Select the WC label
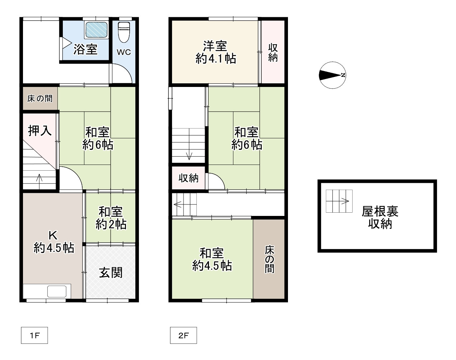[124, 52]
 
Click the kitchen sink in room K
[57, 291]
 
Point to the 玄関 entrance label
[111, 272]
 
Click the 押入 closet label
[39, 130]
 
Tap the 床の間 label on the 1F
[39, 98]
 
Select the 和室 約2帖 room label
[111, 218]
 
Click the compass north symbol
[332, 75]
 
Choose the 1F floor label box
[34, 336]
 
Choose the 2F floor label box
[183, 336]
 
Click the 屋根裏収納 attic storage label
[380, 217]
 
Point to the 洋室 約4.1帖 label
[215, 52]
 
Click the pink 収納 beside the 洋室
[273, 52]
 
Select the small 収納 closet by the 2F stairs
[189, 178]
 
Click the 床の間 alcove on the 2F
[269, 259]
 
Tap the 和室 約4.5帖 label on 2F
[212, 259]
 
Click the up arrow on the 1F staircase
[39, 177]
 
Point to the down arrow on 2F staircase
[189, 155]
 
